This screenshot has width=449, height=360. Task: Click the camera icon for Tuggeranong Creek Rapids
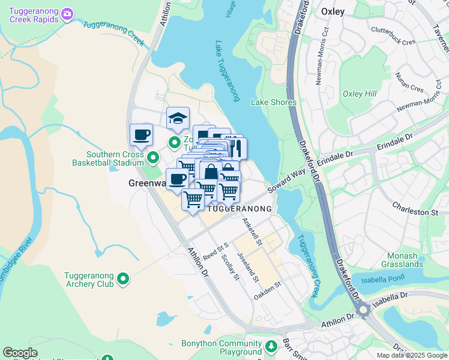pos(67,13)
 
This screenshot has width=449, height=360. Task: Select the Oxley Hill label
pos(359,94)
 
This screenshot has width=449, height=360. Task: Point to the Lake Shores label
pos(274,102)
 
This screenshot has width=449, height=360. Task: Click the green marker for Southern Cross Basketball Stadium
pos(153,158)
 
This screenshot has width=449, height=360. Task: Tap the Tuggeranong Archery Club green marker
pos(123,278)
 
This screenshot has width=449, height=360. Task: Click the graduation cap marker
pos(178,118)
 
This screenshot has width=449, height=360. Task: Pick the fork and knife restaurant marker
pos(235,147)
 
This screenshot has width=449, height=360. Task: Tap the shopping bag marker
pos(211,173)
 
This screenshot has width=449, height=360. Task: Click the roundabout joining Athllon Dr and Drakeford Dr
pos(363,310)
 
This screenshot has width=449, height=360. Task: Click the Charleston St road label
pos(415,212)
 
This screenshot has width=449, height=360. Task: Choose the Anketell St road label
pos(252,231)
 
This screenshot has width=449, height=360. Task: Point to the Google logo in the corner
pos(20,353)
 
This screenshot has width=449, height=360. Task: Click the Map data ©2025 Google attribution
pos(412,355)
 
